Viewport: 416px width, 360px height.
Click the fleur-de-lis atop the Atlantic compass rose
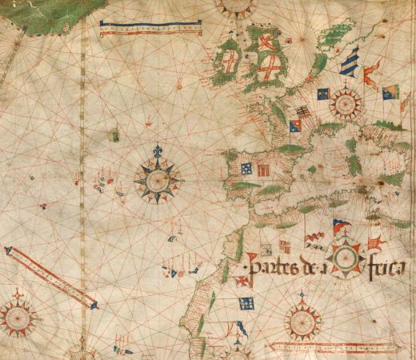pos(158,150)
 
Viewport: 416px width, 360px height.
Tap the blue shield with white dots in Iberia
pos(246,168)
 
